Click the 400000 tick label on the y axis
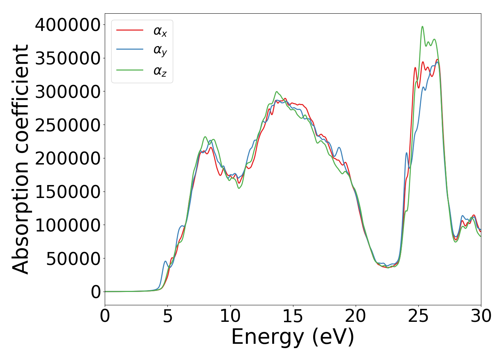pos(67,25)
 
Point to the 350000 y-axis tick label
pos(67,58)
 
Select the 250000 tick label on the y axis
pos(67,125)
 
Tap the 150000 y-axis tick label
pos(67,192)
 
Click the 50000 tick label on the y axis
pos(73,259)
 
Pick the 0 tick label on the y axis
pos(96,292)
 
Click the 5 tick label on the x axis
pos(168,316)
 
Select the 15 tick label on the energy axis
pos(293,316)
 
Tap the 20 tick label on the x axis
pos(356,316)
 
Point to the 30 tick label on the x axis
pos(481,316)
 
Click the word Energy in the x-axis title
pos(267,337)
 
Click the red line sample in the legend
pos(130,30)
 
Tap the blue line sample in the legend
pos(130,50)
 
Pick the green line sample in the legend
pos(130,70)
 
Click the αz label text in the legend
pos(160,71)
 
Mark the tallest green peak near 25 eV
pos(422,27)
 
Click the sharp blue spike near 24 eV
pos(407,153)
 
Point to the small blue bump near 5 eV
pos(165,261)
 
